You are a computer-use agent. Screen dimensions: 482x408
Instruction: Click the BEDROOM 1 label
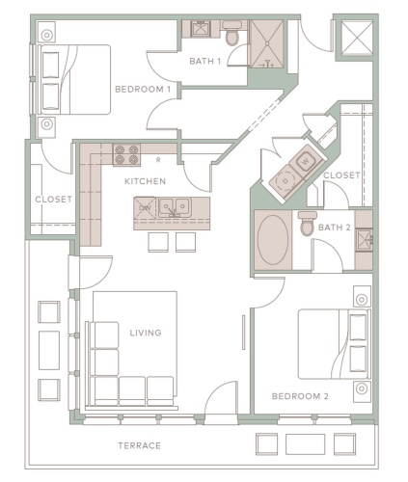(x=143, y=90)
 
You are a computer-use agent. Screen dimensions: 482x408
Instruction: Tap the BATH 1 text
(x=204, y=62)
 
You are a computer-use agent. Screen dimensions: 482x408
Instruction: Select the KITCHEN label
(x=145, y=180)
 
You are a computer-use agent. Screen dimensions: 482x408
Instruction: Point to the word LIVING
(x=145, y=334)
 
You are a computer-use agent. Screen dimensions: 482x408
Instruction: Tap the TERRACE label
(x=138, y=445)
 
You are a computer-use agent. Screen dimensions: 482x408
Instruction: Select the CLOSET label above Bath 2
(x=340, y=175)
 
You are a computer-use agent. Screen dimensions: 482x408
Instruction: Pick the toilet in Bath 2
(x=307, y=224)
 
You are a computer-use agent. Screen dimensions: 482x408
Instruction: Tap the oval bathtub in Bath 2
(x=274, y=237)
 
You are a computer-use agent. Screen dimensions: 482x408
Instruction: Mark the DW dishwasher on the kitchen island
(x=145, y=208)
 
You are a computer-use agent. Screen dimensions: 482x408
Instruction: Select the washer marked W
(x=304, y=159)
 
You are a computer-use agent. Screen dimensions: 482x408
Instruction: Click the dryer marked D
(x=286, y=179)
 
